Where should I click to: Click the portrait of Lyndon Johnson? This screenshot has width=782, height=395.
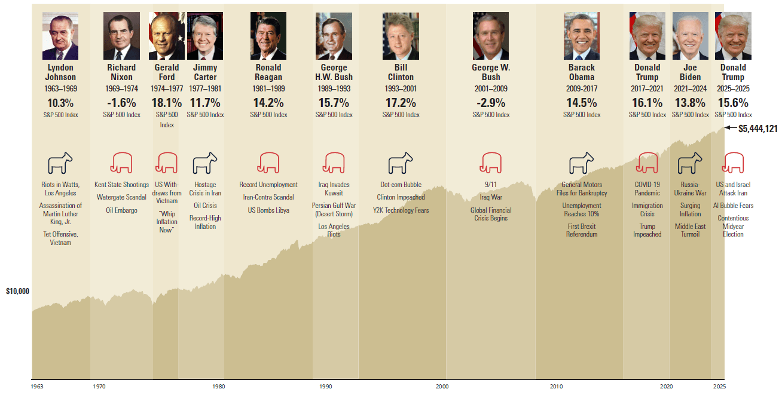(60, 36)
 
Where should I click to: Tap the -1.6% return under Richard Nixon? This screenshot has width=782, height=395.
(121, 103)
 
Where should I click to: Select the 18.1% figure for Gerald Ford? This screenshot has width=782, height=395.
(167, 103)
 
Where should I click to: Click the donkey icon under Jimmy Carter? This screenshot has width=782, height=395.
(204, 162)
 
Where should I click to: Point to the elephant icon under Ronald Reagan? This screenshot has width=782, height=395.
(268, 162)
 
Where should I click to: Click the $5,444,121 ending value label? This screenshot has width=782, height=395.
(757, 128)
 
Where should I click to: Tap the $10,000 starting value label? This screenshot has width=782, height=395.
(17, 292)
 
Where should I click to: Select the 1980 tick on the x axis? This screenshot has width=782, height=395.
(219, 387)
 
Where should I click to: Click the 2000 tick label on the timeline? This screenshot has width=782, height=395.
(442, 387)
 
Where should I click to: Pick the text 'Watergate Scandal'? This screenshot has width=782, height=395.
(121, 198)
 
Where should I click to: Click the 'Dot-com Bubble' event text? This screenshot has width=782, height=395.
(401, 185)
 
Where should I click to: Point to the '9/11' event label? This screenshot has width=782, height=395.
(491, 185)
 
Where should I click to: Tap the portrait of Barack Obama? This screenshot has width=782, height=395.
(581, 36)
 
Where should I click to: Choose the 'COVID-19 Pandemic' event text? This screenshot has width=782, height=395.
(647, 189)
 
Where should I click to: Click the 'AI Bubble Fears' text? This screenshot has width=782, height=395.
(733, 206)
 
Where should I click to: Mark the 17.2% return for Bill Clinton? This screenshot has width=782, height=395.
(401, 103)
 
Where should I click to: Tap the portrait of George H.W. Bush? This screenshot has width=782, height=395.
(334, 36)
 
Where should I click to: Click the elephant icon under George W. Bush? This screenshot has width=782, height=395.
(491, 162)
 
